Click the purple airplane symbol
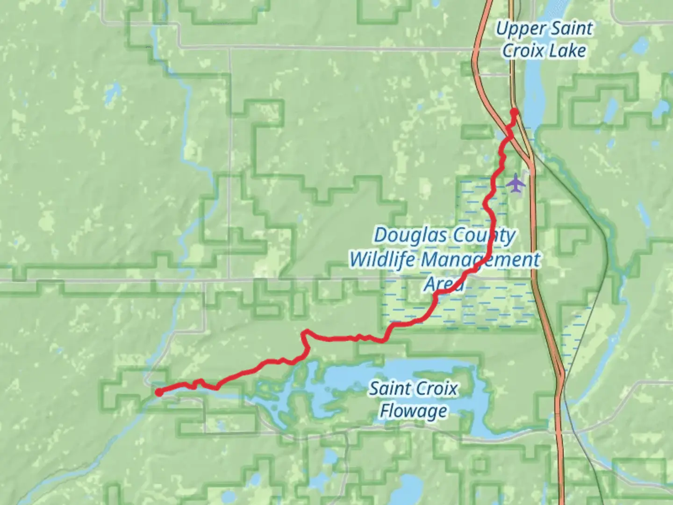coord(515,182)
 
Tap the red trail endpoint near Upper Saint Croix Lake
coord(514,112)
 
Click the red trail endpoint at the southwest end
coord(159,392)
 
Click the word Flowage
coord(413,411)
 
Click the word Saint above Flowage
coord(390,389)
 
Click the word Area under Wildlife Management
coord(444,284)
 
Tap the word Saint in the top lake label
coord(570,29)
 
